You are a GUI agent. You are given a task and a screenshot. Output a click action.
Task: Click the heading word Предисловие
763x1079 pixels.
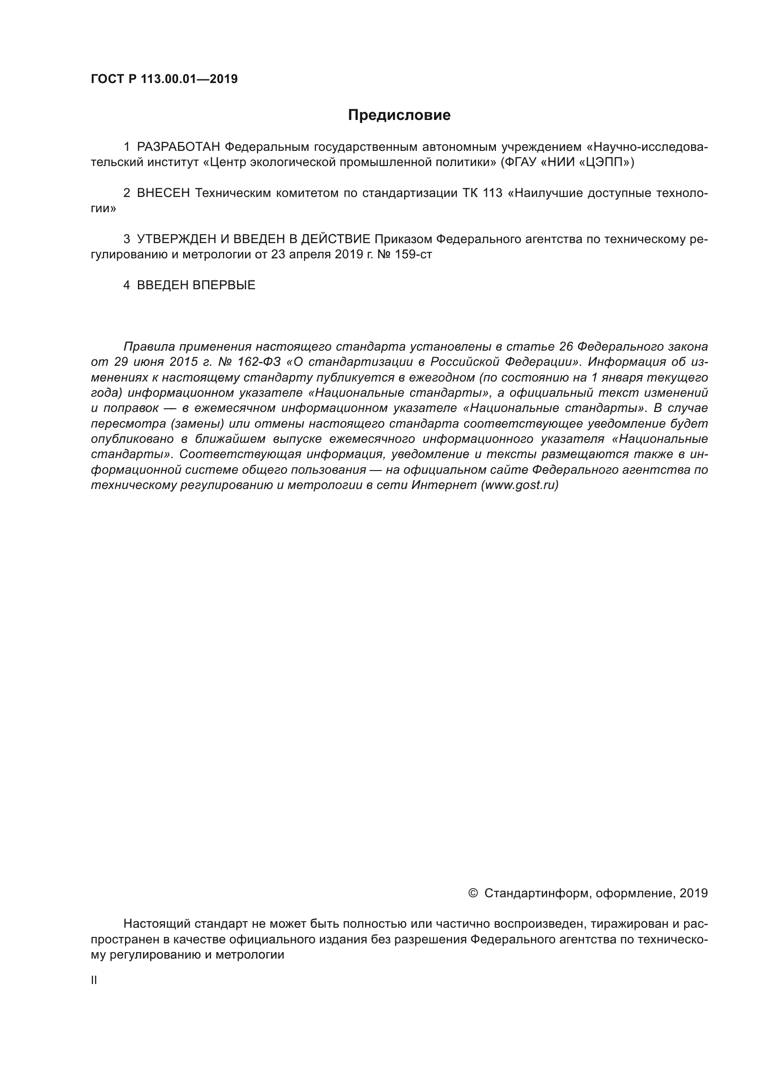[x=399, y=115]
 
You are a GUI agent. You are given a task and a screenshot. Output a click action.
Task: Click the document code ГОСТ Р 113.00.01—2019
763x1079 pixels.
[x=164, y=79]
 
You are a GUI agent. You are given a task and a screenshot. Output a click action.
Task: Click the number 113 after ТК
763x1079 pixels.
[x=492, y=193]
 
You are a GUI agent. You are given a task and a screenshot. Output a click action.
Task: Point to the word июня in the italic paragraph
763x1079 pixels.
[x=149, y=362]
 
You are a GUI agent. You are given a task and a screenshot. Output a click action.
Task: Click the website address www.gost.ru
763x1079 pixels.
[x=519, y=485]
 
